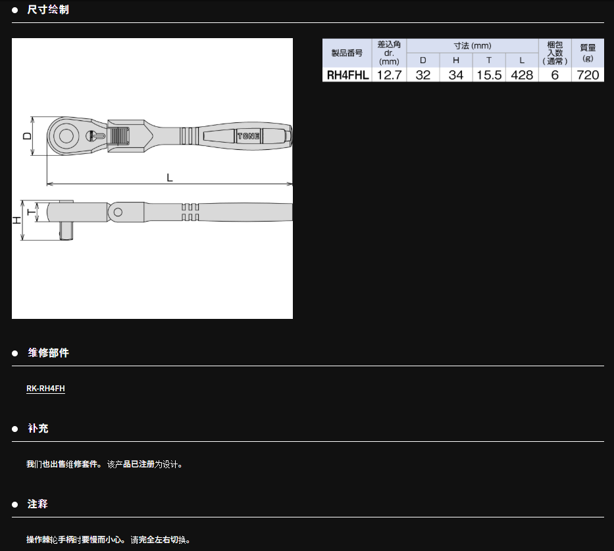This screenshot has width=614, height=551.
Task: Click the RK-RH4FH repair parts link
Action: tap(45, 388)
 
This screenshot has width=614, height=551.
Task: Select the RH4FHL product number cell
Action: tap(347, 75)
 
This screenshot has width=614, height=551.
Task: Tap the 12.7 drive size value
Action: tap(389, 75)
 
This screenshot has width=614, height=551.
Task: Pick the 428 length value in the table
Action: tap(522, 75)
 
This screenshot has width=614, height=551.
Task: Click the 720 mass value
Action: tap(588, 75)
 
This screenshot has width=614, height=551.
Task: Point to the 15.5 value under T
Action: tap(489, 75)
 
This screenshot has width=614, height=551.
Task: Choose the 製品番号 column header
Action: tap(347, 53)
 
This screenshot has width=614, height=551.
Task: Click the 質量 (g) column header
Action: tap(588, 53)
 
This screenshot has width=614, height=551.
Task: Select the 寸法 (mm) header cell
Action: tap(473, 46)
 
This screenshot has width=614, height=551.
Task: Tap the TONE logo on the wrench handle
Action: tap(248, 136)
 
